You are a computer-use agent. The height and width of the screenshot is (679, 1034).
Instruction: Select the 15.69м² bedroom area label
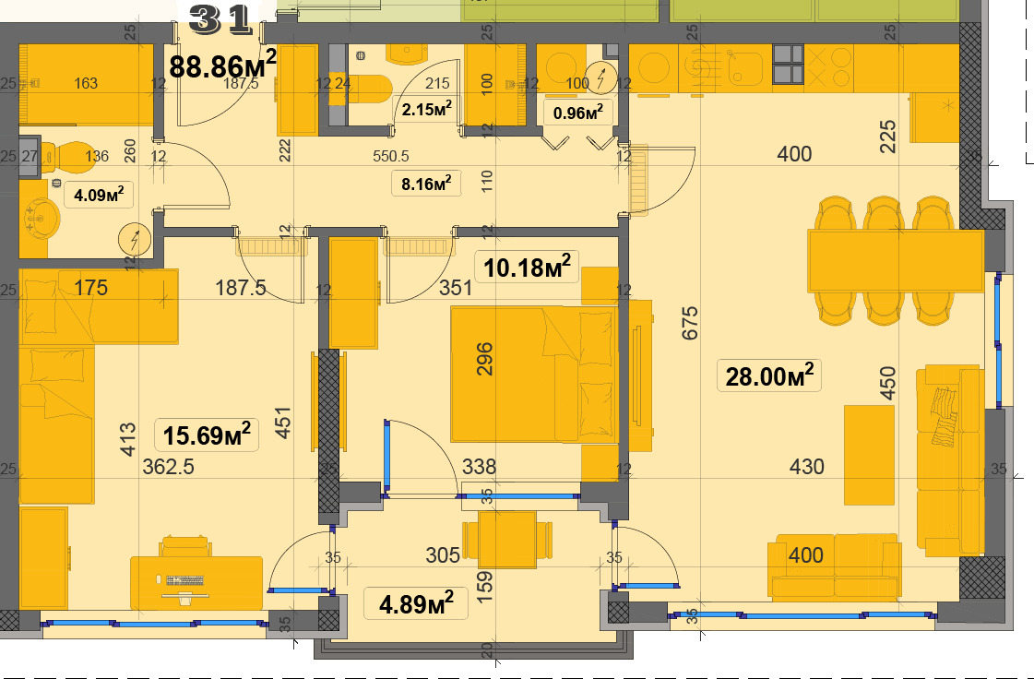coord(207,435)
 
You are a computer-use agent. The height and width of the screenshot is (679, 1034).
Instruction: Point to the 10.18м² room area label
coord(527,267)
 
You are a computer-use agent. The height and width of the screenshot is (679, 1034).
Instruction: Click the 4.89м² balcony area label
coord(416,603)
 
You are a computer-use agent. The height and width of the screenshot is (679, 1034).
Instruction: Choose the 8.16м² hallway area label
coord(426,183)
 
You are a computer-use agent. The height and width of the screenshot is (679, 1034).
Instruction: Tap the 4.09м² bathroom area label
coord(99,194)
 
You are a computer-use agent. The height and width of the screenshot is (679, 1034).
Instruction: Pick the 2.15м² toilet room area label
coord(427,109)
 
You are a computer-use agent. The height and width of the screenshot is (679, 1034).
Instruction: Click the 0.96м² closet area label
coord(578,113)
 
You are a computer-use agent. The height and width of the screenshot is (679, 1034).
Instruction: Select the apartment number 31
coord(220,19)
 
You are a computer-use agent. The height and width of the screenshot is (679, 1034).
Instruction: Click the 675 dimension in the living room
coord(690,323)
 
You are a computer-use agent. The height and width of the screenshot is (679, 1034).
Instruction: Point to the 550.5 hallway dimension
coord(391,156)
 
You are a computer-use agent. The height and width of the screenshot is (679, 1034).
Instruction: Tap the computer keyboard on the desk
coord(185,580)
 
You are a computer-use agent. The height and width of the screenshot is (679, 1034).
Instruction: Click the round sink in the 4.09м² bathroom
coord(42,219)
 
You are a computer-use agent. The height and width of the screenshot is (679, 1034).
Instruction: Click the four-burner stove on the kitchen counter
coord(789,64)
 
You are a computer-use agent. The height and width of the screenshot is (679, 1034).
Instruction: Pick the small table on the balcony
coord(507,540)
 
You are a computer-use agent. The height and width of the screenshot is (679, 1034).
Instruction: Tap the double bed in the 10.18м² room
coord(534,374)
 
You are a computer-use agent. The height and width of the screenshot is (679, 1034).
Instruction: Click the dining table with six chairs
coord(896,261)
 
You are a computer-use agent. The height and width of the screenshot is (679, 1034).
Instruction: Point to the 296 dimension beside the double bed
coord(484,358)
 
